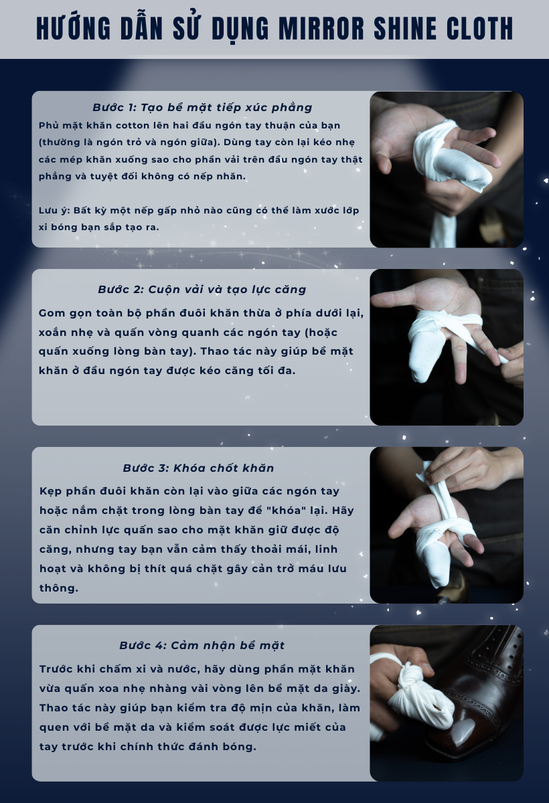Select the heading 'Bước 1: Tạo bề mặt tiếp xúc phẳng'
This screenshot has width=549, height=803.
tap(202, 108)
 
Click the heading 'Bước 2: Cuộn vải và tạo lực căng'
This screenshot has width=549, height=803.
tap(202, 290)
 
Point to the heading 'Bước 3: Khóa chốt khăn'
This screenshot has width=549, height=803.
tap(198, 468)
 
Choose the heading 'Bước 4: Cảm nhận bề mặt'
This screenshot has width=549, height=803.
tap(202, 646)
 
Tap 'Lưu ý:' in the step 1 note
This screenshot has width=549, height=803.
tap(54, 210)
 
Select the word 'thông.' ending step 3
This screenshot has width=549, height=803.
tap(59, 588)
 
